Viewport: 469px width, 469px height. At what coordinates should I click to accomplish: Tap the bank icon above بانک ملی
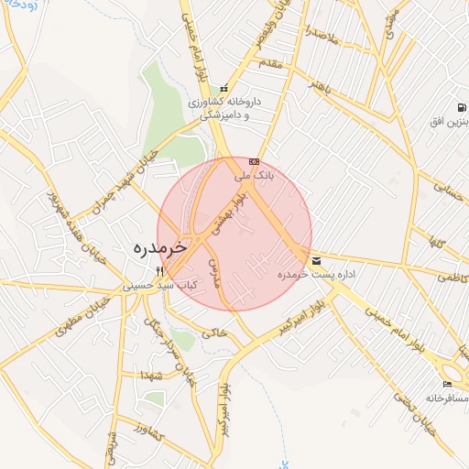pos(254,161)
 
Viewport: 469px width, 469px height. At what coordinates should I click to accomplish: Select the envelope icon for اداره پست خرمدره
pos(316,260)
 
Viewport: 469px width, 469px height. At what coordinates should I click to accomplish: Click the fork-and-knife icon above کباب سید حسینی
pos(160,271)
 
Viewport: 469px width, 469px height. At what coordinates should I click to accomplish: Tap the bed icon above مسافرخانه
pos(447,384)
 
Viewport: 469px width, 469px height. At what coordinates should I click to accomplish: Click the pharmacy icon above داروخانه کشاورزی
pos(224,89)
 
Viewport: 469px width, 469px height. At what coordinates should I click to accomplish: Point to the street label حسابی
pos(448,190)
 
